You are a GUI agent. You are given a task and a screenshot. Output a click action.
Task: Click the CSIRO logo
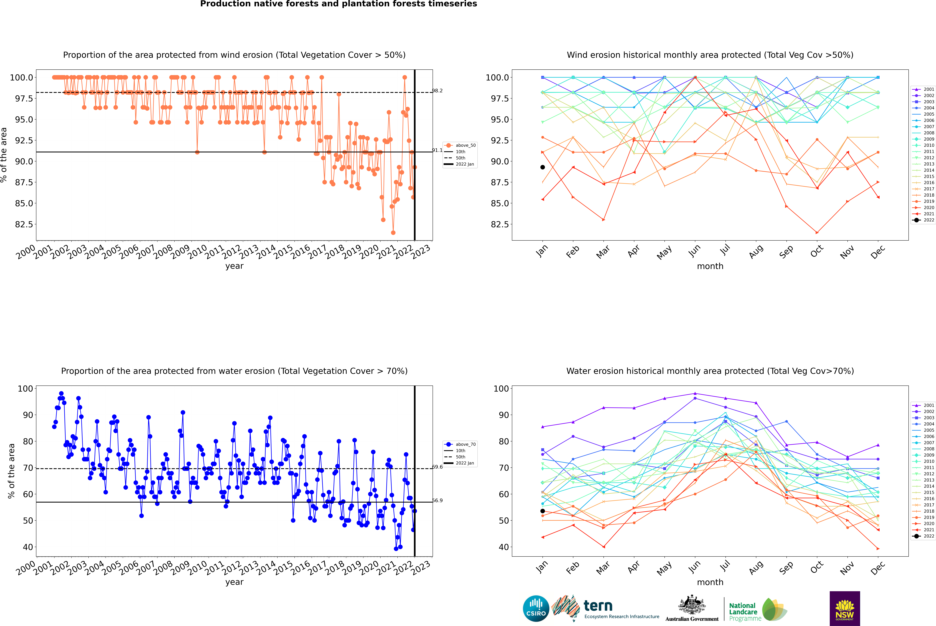click(x=536, y=608)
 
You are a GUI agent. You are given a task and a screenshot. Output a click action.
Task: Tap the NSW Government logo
click(x=845, y=608)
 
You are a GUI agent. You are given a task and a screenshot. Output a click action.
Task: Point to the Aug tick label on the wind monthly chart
click(x=756, y=251)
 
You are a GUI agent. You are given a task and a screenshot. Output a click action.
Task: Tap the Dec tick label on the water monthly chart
click(x=878, y=568)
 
